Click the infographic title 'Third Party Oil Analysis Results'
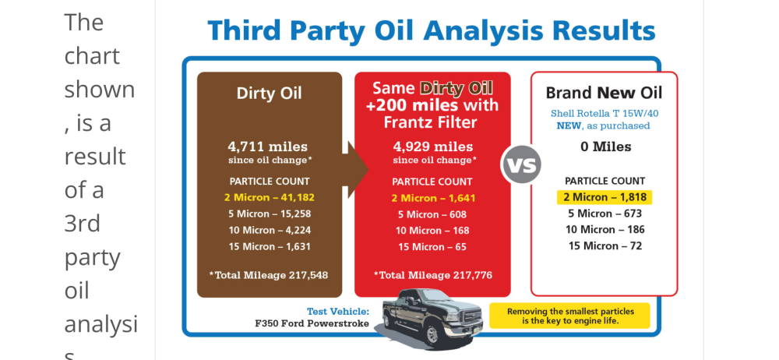(432, 31)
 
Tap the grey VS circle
(520, 164)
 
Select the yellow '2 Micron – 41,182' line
(270, 197)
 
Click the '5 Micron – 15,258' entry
(270, 214)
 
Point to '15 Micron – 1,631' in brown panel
(270, 247)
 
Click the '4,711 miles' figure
(268, 146)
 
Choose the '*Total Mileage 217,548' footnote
(268, 275)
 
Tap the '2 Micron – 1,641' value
(432, 198)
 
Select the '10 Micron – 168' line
(432, 231)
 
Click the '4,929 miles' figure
(432, 146)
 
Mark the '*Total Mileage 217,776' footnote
(432, 275)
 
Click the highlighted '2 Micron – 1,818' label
(605, 197)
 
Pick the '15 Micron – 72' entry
(605, 245)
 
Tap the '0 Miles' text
(605, 146)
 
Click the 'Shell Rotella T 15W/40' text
(605, 114)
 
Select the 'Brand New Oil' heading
(605, 93)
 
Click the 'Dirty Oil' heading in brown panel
(269, 94)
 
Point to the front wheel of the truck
(432, 334)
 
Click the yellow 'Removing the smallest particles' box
(570, 316)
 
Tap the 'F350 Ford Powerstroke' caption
(312, 323)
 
